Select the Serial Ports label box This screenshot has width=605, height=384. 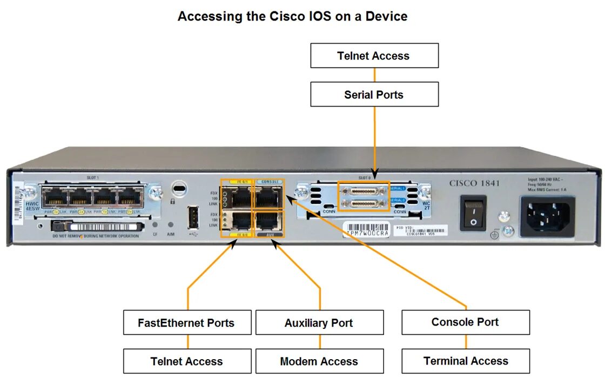(374, 95)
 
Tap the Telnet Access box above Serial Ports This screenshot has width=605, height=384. (374, 56)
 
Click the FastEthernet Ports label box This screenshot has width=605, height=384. (187, 323)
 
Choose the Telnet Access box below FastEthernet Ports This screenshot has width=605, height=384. (187, 361)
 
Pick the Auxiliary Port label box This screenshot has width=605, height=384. (319, 323)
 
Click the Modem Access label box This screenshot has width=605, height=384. (319, 361)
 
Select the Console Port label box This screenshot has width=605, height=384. (465, 322)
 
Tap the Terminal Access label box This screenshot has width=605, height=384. (465, 361)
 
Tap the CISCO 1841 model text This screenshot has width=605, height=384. (474, 183)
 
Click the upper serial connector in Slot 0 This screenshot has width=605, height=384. (362, 191)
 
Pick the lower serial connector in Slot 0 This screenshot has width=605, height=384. (362, 203)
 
